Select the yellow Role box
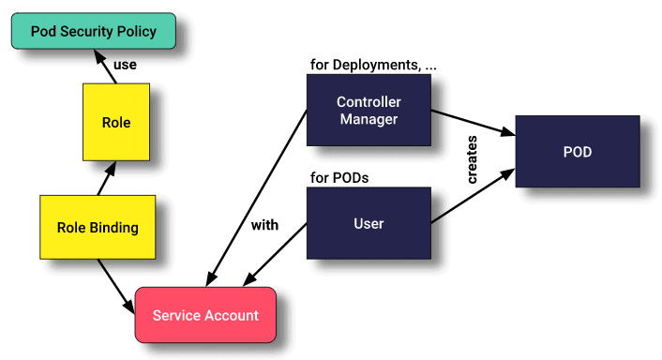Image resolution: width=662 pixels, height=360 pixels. (x=115, y=122)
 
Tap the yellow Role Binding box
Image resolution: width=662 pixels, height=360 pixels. (x=98, y=227)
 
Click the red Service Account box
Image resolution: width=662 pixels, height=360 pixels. (x=205, y=315)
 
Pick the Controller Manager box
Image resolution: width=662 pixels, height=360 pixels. (x=369, y=110)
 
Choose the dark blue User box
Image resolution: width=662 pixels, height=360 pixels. (x=369, y=224)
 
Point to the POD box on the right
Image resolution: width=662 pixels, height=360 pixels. (x=577, y=150)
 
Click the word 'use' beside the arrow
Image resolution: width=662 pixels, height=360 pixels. (x=126, y=66)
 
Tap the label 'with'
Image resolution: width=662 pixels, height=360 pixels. (x=265, y=225)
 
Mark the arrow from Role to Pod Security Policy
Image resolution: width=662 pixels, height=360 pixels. (x=104, y=67)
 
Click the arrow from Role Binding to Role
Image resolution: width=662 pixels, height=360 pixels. (x=105, y=179)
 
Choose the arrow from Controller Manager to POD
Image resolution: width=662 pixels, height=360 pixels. (x=473, y=124)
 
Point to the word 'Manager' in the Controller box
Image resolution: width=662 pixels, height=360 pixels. (x=369, y=119)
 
